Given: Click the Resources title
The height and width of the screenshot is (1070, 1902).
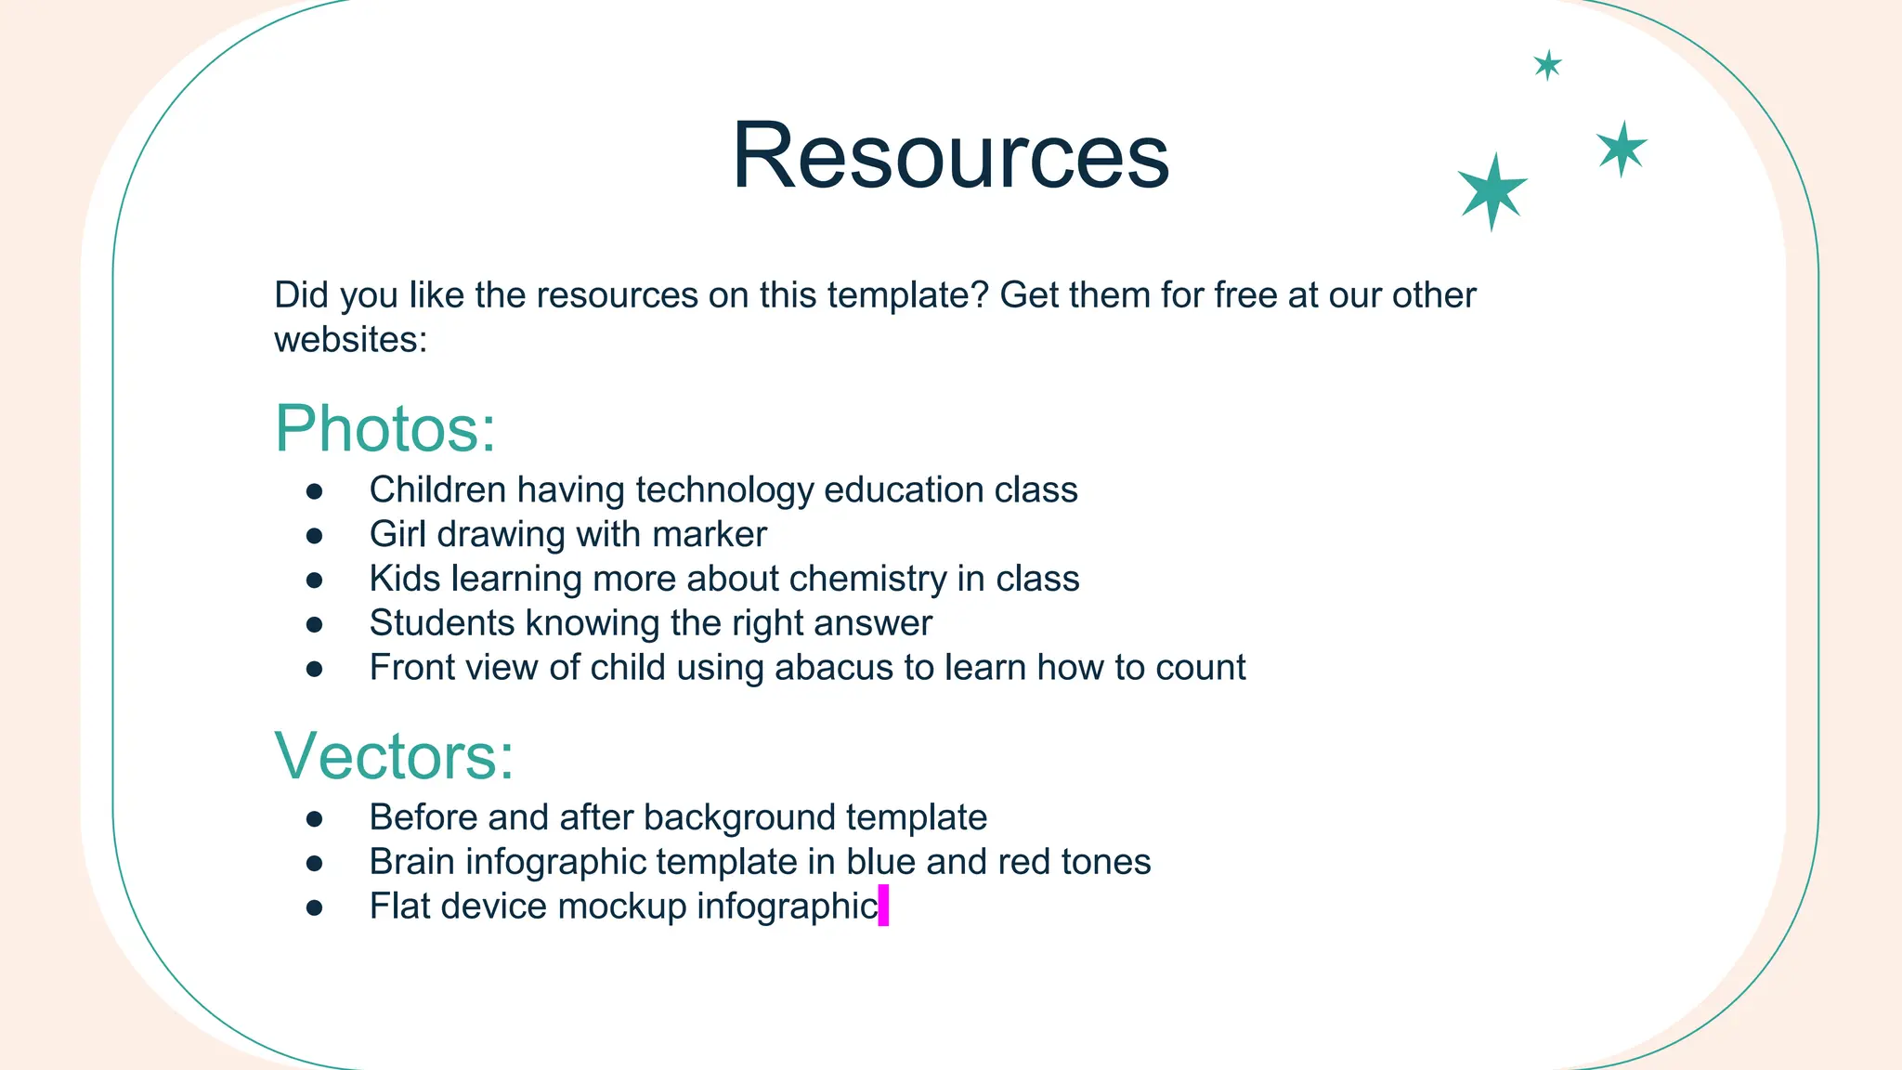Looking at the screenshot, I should pos(950,156).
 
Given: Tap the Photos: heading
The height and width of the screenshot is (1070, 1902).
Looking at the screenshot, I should pos(385,429).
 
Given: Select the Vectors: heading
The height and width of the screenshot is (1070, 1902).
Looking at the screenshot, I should pos(394,756).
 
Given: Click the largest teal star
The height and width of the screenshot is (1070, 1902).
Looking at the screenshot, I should pos(1492,190).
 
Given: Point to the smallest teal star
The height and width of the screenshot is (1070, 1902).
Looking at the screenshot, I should pos(1547,65).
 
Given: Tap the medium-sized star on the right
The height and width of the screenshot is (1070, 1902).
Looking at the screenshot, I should pos(1622,149).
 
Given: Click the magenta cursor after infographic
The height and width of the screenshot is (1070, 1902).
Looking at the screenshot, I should pos(883,905).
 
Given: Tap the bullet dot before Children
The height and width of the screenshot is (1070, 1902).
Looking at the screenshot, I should pos(314,491).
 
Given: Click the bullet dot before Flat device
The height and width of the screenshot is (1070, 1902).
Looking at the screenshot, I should pos(314,907).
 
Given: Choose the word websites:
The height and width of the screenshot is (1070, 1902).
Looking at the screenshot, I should pos(350,340).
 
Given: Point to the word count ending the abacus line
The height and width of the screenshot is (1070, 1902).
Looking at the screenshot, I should pos(1199,668).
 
